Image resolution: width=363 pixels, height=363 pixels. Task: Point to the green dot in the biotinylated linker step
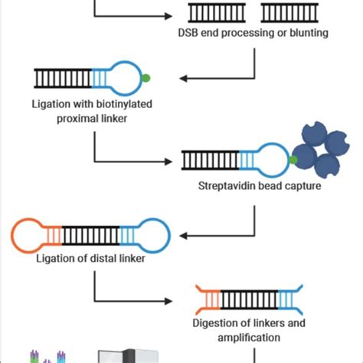click(146, 77)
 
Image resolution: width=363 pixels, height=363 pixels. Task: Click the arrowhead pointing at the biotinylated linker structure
click(185, 77)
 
